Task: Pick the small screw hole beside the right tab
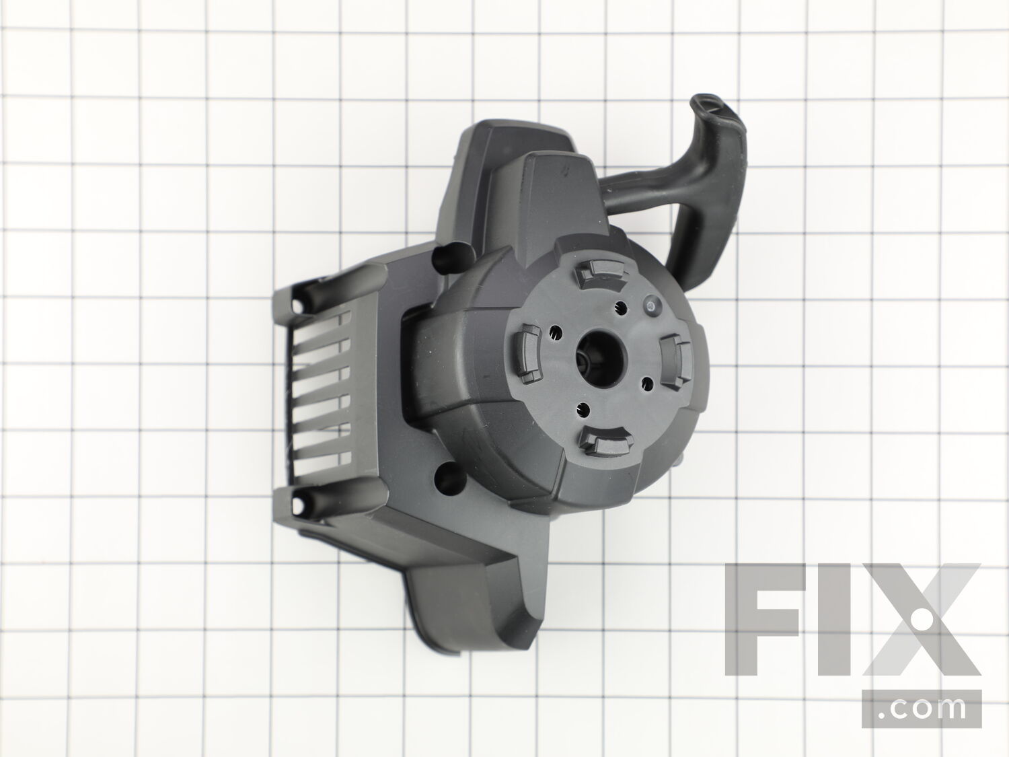(647, 382)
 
